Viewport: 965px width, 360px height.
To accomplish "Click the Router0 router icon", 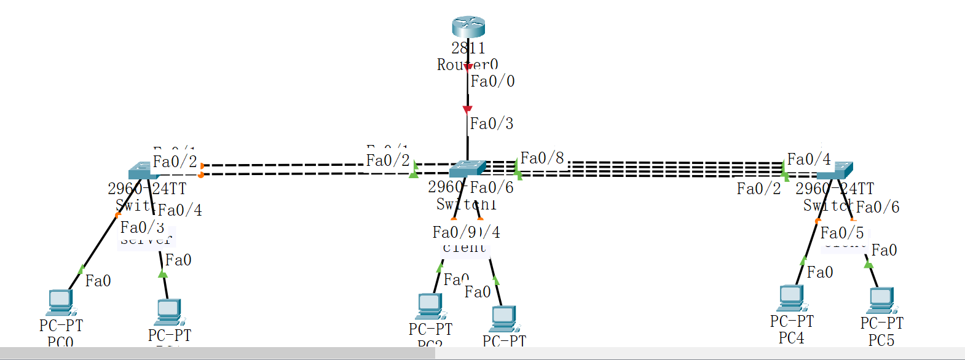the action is click(x=468, y=27).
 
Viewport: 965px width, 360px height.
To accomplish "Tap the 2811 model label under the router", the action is click(x=468, y=48).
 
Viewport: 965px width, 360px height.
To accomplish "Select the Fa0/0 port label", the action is click(x=492, y=81).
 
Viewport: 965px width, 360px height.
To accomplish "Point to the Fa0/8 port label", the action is click(x=542, y=158).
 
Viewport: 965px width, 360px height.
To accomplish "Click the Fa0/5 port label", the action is click(x=842, y=233).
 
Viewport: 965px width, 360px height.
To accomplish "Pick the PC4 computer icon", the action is click(x=791, y=299).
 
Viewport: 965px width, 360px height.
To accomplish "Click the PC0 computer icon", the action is click(x=60, y=302).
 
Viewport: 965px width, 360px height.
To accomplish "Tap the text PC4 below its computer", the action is click(x=791, y=338).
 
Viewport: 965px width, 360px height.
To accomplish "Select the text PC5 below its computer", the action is click(x=881, y=340).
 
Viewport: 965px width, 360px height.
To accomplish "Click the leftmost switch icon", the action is click(x=143, y=171).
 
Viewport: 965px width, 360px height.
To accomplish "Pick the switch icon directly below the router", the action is click(x=467, y=168).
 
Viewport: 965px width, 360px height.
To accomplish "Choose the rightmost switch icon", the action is click(x=835, y=171).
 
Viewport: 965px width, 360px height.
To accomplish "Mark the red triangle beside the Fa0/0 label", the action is click(x=468, y=67).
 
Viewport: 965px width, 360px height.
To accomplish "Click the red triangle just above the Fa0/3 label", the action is click(x=467, y=109).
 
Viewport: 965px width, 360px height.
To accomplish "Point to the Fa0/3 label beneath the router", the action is click(x=492, y=123).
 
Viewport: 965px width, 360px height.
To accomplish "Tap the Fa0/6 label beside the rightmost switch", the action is click(x=878, y=208).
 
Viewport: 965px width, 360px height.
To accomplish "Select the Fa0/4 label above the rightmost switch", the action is click(x=809, y=160).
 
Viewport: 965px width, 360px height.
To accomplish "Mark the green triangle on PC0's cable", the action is click(x=81, y=269).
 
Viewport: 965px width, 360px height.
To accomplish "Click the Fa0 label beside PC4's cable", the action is click(x=820, y=272).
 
